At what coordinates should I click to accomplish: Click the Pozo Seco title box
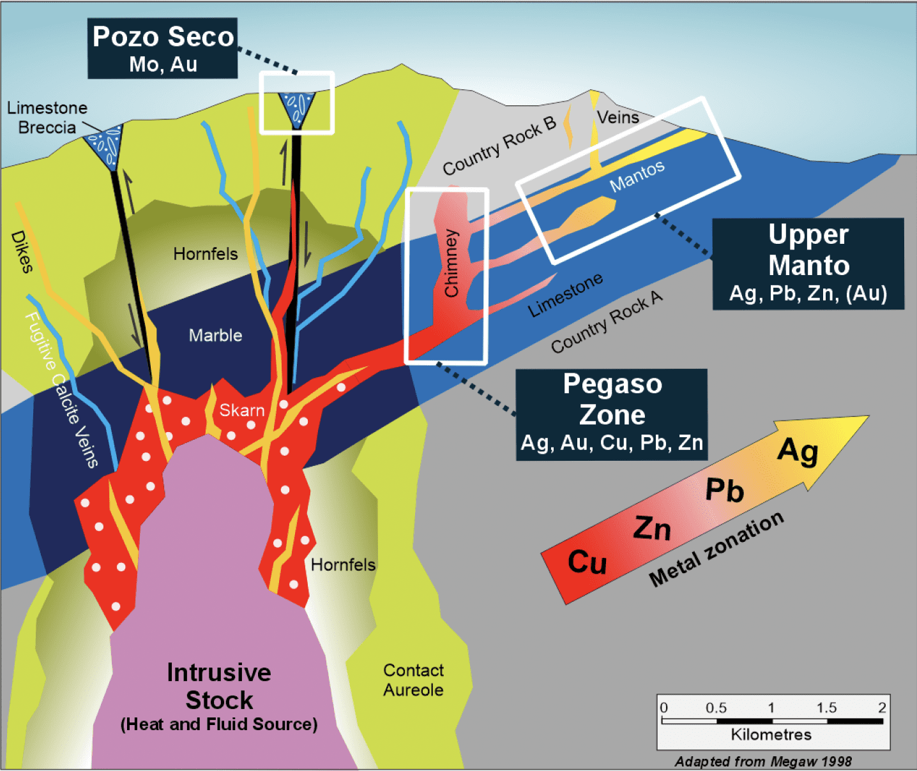(163, 49)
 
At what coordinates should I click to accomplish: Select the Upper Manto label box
(808, 264)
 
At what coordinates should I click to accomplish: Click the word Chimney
(451, 263)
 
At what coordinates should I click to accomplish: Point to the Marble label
(215, 335)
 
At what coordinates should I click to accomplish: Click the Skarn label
(241, 410)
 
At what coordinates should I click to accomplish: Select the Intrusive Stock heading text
(219, 686)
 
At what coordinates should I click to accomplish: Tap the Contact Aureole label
(413, 680)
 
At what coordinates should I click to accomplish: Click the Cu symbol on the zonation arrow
(587, 562)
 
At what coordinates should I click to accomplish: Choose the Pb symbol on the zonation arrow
(725, 490)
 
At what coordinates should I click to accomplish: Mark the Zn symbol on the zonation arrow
(652, 528)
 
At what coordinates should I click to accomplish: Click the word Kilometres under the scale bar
(771, 735)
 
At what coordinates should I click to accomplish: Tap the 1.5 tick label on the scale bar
(826, 707)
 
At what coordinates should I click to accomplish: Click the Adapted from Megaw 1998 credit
(763, 761)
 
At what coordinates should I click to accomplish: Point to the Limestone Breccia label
(47, 117)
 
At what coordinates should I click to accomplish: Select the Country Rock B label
(499, 146)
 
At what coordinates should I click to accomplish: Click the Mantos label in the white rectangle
(637, 176)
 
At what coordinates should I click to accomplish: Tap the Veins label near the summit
(618, 117)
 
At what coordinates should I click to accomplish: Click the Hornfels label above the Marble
(206, 254)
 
